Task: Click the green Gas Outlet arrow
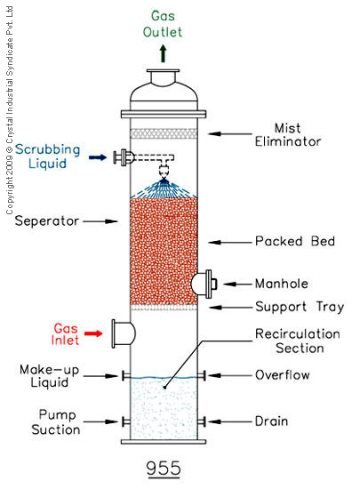pyautogui.click(x=163, y=53)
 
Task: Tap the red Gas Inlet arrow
pyautogui.click(x=94, y=333)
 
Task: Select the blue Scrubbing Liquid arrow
pyautogui.click(x=98, y=157)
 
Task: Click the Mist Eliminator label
pyautogui.click(x=288, y=135)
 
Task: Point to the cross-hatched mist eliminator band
pyautogui.click(x=164, y=133)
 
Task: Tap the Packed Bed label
pyautogui.click(x=295, y=241)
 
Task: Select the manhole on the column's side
pyautogui.click(x=204, y=284)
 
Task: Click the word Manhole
pyautogui.click(x=282, y=284)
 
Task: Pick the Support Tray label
pyautogui.click(x=300, y=308)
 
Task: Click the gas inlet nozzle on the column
pyautogui.click(x=124, y=333)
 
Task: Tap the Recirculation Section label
pyautogui.click(x=298, y=341)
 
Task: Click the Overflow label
pyautogui.click(x=283, y=375)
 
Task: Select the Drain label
pyautogui.click(x=271, y=421)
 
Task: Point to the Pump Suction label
pyautogui.click(x=56, y=422)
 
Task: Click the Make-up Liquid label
pyautogui.click(x=49, y=376)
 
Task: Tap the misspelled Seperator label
pyautogui.click(x=47, y=221)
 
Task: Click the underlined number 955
pyautogui.click(x=164, y=469)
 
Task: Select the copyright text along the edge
pyautogui.click(x=10, y=110)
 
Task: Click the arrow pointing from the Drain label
pyautogui.click(x=230, y=421)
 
